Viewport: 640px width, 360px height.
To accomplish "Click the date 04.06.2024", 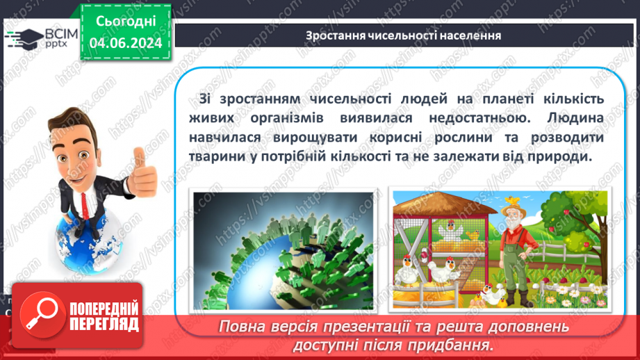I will (x=126, y=43).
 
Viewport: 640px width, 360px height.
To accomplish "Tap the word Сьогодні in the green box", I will (x=126, y=22).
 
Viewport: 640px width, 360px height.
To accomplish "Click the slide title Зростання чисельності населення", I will (x=404, y=35).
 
